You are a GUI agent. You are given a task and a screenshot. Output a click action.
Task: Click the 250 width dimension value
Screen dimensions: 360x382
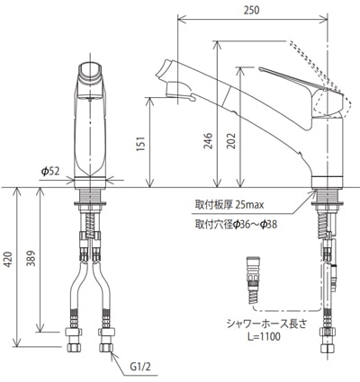[251, 10]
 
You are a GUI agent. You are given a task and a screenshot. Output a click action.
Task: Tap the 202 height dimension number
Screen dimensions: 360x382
[231, 141]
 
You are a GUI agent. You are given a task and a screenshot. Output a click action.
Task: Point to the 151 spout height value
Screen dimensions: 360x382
[140, 144]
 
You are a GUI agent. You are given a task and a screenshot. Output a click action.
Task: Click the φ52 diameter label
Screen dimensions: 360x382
[50, 171]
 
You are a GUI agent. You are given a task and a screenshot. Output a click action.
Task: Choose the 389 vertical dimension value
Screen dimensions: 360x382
[31, 258]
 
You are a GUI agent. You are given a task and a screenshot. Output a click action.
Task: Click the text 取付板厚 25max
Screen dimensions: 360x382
[229, 205]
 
